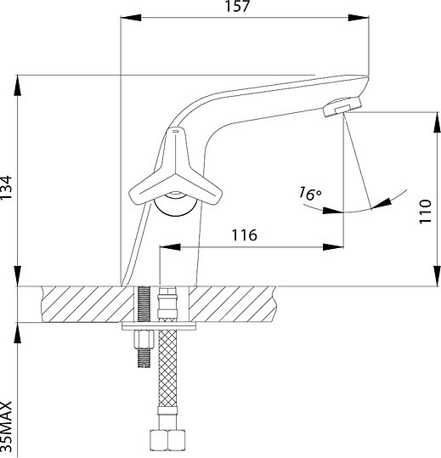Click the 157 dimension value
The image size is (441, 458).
coord(237,6)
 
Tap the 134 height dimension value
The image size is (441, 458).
coord(6,188)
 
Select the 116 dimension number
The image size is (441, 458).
coord(245,235)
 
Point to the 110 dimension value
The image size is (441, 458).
coord(425,212)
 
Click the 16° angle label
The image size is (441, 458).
coord(309,194)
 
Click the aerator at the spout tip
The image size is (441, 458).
coord(342,106)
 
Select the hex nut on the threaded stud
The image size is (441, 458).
coord(144,339)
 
